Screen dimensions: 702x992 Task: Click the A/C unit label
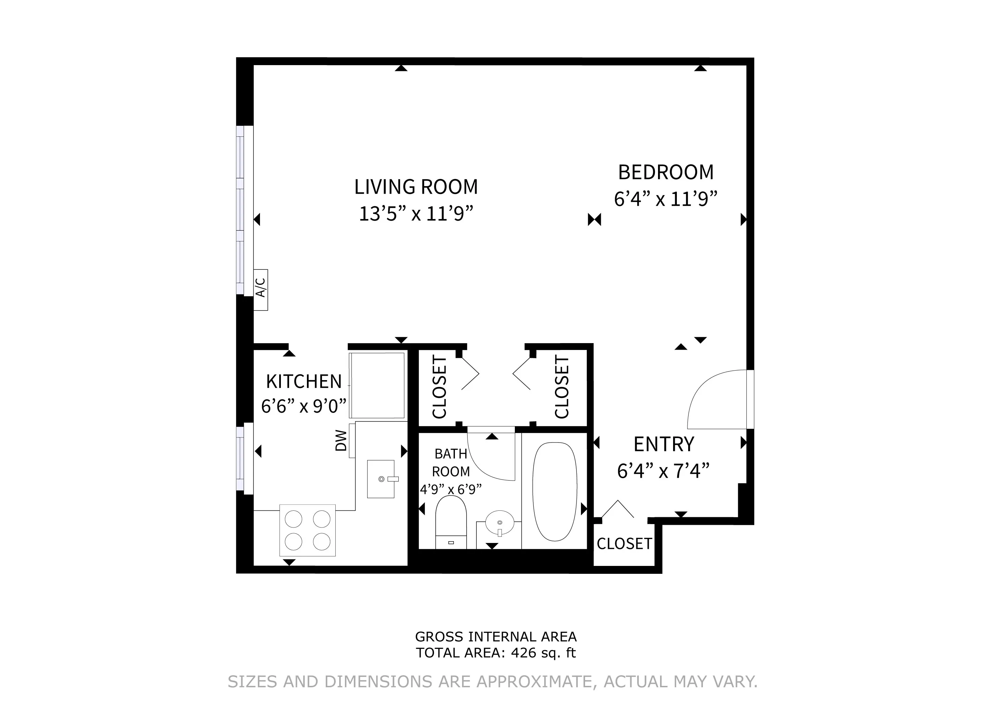[261, 288]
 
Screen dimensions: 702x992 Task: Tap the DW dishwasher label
[341, 440]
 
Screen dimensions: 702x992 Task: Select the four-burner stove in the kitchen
[307, 530]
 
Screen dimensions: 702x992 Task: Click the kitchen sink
[381, 479]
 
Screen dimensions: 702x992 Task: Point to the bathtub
[555, 492]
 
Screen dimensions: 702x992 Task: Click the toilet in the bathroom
[451, 523]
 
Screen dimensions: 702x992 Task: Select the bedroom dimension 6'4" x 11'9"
[665, 199]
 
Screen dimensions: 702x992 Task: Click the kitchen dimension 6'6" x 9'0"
[304, 406]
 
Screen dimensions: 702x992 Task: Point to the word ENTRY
[664, 444]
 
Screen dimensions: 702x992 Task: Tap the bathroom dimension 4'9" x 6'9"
[451, 489]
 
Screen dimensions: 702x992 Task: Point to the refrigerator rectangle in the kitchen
[377, 385]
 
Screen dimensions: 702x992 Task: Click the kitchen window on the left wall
[245, 459]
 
